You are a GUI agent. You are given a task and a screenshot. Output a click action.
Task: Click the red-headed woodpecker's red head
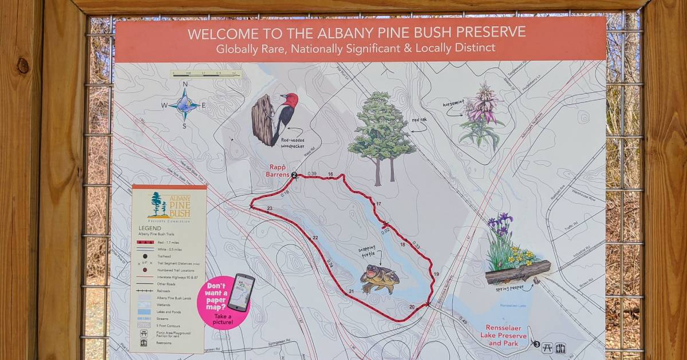pos(291,101)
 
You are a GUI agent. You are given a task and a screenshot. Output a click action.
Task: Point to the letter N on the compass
pos(185,85)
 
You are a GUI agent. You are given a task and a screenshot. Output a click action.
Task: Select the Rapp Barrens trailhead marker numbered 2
pos(294,176)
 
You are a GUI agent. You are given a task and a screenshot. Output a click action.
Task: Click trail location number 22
pos(315,238)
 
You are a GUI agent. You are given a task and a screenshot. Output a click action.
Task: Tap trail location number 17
pos(378,204)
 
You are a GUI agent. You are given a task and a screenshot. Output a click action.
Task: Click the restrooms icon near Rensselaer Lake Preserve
pos(560,347)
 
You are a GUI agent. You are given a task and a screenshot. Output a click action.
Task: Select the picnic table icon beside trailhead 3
pos(547,347)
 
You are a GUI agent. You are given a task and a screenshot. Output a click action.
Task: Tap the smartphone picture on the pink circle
pos(241,292)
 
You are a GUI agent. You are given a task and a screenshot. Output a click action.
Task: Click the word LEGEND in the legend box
pos(149,228)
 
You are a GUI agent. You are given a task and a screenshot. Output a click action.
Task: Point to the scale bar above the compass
pos(206,74)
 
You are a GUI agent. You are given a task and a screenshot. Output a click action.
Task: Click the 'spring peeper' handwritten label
pos(511,289)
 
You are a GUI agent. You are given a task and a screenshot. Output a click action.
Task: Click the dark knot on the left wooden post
pos(23,65)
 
